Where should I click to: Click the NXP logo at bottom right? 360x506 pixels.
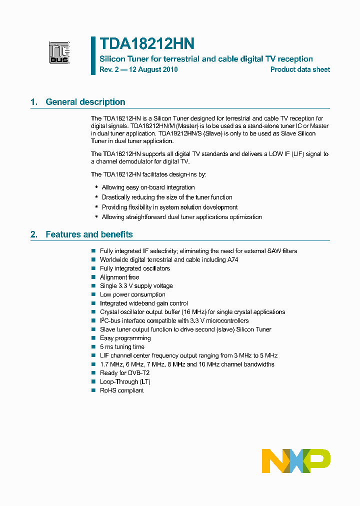click(x=296, y=460)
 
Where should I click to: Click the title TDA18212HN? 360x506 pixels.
click(x=146, y=43)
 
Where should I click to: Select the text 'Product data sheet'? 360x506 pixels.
click(x=300, y=69)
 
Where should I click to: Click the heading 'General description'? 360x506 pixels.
click(x=85, y=102)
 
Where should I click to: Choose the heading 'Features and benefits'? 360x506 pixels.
click(x=89, y=234)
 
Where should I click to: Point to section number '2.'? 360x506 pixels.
click(x=34, y=234)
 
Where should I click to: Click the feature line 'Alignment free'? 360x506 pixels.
click(x=119, y=277)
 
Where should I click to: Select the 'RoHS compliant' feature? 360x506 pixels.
click(x=121, y=390)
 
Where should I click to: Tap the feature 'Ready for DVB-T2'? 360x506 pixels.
click(x=124, y=373)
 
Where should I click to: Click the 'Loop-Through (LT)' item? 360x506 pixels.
click(x=125, y=381)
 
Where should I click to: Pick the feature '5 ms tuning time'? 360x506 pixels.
click(x=122, y=347)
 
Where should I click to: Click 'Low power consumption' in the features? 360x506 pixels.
click(x=132, y=294)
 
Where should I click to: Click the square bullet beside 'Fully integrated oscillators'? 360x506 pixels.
click(x=93, y=268)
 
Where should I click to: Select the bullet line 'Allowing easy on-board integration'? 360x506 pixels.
click(x=148, y=187)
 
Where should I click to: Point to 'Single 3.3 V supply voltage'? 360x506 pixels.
click(x=136, y=286)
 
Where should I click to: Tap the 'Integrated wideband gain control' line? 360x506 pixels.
click(x=144, y=303)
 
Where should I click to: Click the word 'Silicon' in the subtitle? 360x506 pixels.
click(x=112, y=59)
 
